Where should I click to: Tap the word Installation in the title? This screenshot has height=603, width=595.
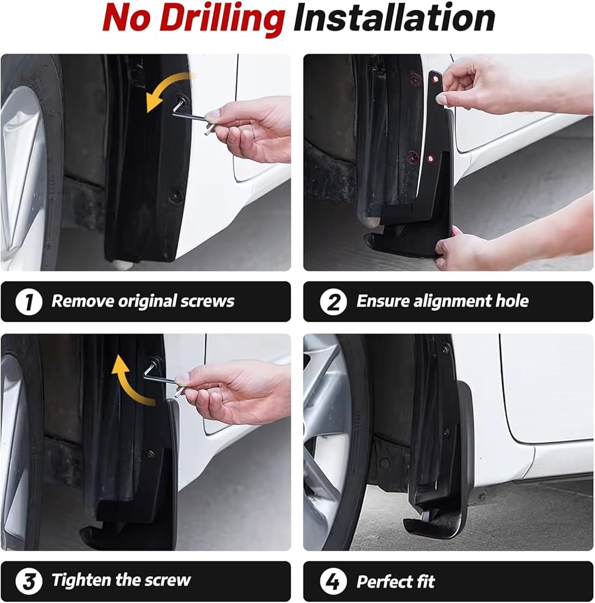394,18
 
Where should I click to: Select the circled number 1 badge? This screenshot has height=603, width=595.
29,302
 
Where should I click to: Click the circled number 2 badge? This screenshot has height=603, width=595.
333,302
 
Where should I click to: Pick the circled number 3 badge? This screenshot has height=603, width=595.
29,581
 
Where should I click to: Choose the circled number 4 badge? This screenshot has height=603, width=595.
333,581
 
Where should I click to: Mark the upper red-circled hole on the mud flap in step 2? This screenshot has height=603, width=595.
435,79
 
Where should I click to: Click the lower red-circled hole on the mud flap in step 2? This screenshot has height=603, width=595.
430,159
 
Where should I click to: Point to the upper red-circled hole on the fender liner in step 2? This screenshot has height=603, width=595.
415,80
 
